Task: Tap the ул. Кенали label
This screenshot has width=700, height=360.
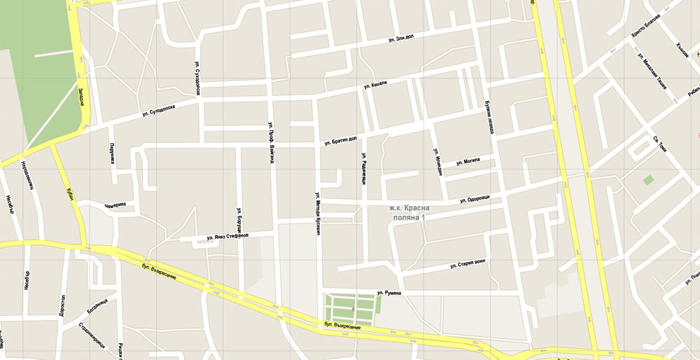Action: click(374, 85)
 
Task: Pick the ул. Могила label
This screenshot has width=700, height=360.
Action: click(467, 161)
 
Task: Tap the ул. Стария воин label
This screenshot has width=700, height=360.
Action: click(467, 264)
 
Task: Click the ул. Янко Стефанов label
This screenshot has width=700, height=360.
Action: click(227, 237)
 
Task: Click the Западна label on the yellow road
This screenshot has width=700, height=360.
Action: click(80, 97)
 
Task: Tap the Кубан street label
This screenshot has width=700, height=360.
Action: click(69, 193)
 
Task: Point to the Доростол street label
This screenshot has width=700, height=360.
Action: click(63, 305)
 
